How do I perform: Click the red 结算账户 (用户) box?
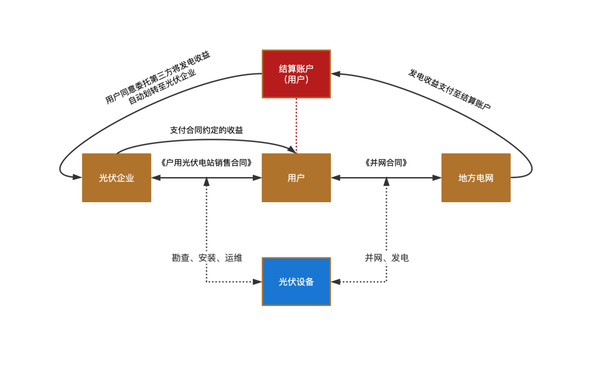coord(296,74)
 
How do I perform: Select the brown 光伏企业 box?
coord(116,178)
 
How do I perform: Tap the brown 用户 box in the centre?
coord(296,178)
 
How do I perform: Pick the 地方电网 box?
coord(476,178)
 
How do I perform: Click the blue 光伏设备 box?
coord(296,281)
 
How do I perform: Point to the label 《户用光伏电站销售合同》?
coord(206,163)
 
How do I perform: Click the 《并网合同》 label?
coord(386,163)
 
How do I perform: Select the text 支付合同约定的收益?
coord(206,130)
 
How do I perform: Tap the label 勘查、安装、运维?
coord(207,258)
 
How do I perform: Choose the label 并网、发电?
coord(387,258)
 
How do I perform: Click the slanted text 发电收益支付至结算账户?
coord(450,90)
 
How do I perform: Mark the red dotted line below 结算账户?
coord(296,126)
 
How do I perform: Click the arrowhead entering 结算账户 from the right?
coord(335,73)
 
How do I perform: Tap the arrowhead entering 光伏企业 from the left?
coord(77,177)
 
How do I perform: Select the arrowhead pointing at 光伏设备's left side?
coord(257,281)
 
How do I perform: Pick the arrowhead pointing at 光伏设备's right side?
coord(335,281)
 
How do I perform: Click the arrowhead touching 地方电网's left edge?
coord(437,178)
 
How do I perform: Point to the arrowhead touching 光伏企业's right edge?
coord(156,178)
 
